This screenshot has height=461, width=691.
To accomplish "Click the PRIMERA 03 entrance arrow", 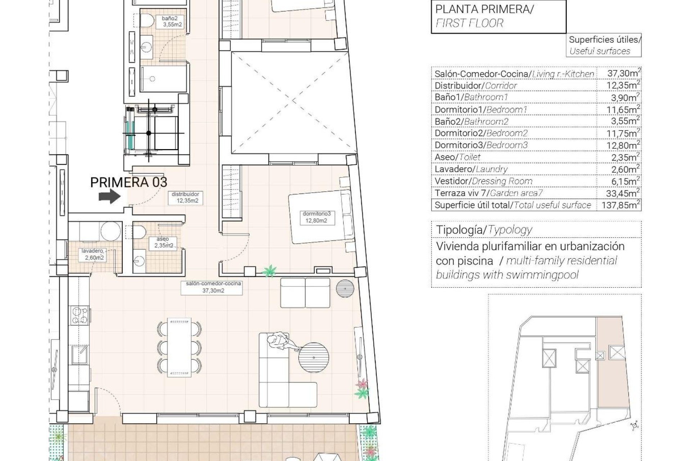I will click(x=109, y=197).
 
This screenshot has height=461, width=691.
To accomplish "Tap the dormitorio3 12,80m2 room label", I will click(x=316, y=217).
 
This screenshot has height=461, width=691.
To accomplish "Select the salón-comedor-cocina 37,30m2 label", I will click(x=213, y=287).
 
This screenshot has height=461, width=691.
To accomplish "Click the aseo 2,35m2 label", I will click(x=163, y=242).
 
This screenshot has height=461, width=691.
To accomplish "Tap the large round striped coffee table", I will click(x=313, y=358).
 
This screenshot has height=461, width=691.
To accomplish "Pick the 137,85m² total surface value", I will click(x=618, y=205).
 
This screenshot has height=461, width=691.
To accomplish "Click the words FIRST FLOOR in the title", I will click(x=469, y=23).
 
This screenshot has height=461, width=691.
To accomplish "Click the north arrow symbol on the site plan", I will click(x=634, y=426).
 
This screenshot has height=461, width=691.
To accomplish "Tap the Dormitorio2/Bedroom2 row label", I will click(x=481, y=133).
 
